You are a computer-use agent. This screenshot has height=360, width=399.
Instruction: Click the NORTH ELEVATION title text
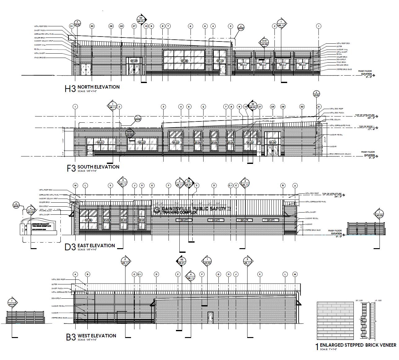pos(98,87)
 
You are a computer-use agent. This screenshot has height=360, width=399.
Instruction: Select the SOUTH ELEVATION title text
pos(98,167)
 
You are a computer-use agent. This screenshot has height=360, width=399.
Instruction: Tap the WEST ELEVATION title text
pos(97,336)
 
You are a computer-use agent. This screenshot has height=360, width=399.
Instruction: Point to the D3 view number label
pos(70,247)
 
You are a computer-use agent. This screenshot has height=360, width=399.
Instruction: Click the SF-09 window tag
pos(184,61)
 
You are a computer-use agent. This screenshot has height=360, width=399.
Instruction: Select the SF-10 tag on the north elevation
pos(220,61)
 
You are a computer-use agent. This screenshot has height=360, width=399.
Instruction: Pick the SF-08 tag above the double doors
pos(134,61)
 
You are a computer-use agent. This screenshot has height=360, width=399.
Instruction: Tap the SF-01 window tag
pos(100,142)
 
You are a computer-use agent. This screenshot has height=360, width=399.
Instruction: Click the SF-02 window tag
pos(142,142)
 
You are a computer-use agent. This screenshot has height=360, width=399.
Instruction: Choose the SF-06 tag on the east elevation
pos(88,220)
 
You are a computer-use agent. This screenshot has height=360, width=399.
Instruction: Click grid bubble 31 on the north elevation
pos(72,26)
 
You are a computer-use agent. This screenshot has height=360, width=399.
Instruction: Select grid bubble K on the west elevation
pos(260,274)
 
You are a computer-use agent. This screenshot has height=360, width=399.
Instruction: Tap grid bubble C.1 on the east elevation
pos(230,186)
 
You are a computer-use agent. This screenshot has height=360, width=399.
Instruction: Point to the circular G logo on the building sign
pos(157,211)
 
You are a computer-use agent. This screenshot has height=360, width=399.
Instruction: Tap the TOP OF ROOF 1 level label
pos(367,127)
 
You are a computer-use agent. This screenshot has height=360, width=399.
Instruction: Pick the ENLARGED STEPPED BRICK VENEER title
pos(358,345)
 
